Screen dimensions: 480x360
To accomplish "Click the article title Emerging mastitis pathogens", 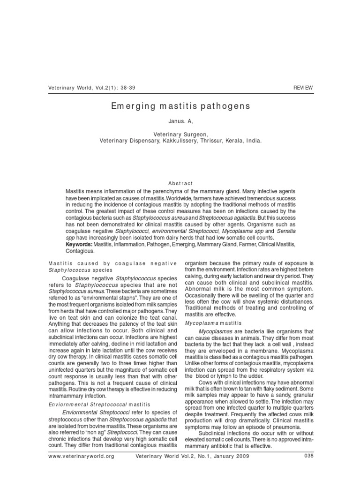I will pos(180,106).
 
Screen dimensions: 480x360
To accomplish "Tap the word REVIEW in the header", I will pos(303,88).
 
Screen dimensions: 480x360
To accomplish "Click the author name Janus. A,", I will pos(180,121).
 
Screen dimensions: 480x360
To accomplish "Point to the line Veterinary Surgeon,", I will pos(180,134).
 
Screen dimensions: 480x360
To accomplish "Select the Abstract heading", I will pos(180,183).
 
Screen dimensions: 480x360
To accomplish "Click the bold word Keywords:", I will pos(79,245).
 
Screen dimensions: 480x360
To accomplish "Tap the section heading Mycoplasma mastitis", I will pos(213,323).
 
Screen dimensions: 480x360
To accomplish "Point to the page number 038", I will pos(308,456).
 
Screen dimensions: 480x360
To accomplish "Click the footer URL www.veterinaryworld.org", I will pos(81,456).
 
